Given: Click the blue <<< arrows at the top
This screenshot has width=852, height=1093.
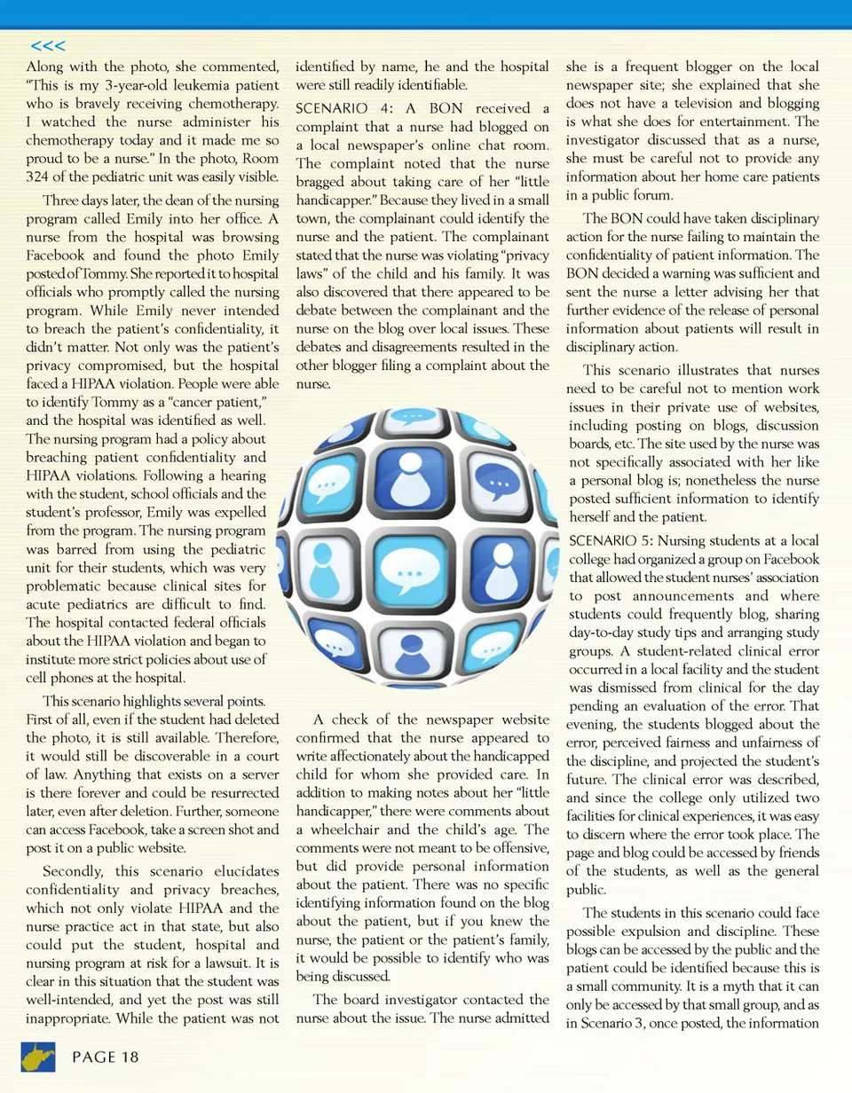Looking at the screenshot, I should click(x=47, y=45).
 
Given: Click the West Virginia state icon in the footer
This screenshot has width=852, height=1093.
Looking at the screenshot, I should click(x=38, y=1055).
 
